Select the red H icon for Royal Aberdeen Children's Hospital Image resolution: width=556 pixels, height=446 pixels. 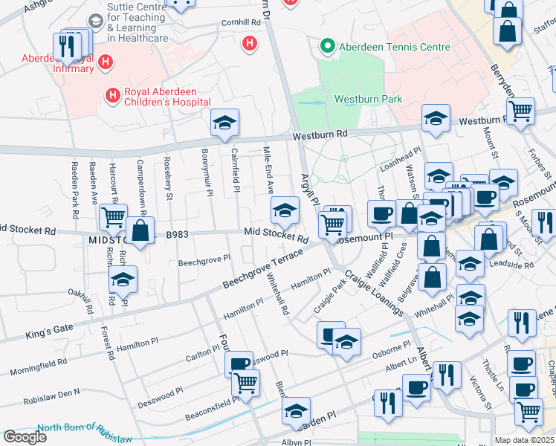113,94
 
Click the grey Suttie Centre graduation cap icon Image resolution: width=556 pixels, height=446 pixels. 96,21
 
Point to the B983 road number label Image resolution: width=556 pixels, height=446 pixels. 177,235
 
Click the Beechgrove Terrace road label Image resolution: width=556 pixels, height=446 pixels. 263,270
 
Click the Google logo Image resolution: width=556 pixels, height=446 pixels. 25,436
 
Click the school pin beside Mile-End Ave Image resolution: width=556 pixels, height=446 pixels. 284,211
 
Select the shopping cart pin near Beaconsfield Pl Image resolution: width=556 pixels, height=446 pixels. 245,384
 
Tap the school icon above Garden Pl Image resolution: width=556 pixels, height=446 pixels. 296,410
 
